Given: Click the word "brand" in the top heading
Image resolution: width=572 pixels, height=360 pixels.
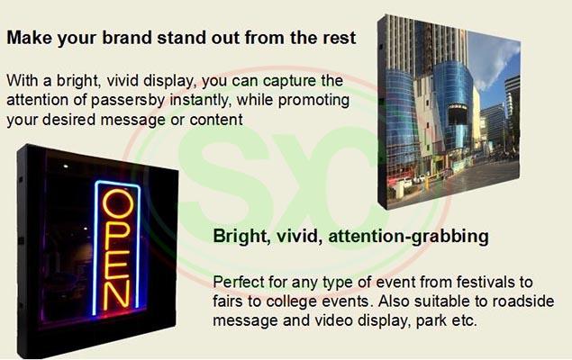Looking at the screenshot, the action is [x=127, y=38].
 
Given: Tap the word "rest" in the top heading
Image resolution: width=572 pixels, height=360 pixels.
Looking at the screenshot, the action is [x=340, y=38].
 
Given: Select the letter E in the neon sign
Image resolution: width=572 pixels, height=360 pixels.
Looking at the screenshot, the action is [x=116, y=265].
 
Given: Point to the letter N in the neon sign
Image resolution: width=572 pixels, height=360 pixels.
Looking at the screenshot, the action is [x=116, y=295].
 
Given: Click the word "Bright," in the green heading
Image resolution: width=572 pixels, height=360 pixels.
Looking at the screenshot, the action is [x=241, y=236].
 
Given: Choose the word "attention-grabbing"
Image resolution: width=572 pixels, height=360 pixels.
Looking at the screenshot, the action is [x=409, y=237].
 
